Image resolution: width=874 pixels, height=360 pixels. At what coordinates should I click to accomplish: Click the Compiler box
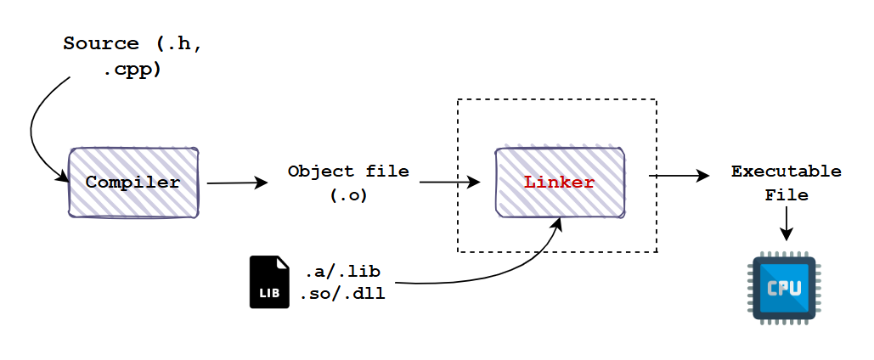pyautogui.click(x=133, y=183)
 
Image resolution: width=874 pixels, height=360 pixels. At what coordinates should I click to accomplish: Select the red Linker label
pyautogui.click(x=559, y=183)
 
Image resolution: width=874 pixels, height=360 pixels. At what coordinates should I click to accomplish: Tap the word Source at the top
pyautogui.click(x=101, y=43)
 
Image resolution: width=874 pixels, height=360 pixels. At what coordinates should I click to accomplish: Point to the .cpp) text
pyautogui.click(x=133, y=70)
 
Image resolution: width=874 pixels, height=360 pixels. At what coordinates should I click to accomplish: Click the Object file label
pyautogui.click(x=348, y=171)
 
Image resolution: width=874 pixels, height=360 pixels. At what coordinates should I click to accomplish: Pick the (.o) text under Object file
pyautogui.click(x=349, y=195)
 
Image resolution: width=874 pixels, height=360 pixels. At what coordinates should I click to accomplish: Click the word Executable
pyautogui.click(x=786, y=171)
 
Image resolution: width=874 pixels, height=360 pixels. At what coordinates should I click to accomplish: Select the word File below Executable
pyautogui.click(x=786, y=195)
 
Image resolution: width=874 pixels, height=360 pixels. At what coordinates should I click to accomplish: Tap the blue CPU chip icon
pyautogui.click(x=784, y=288)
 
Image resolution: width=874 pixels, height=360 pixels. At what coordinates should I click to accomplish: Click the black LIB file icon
pyautogui.click(x=269, y=282)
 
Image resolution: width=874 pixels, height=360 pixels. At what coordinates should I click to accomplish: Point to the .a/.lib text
pyautogui.click(x=342, y=272)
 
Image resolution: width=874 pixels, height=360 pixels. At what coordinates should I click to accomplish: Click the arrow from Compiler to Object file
pyautogui.click(x=238, y=183)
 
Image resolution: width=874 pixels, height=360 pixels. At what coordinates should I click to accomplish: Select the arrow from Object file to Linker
pyautogui.click(x=450, y=182)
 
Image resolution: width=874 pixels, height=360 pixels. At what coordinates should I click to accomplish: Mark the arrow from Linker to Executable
pyautogui.click(x=679, y=176)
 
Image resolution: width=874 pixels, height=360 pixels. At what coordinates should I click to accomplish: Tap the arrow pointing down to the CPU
pyautogui.click(x=786, y=223)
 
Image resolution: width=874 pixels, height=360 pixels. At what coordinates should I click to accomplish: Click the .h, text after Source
pyautogui.click(x=178, y=43)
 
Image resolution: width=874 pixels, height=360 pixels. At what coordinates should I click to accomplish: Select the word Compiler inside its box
pyautogui.click(x=133, y=183)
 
